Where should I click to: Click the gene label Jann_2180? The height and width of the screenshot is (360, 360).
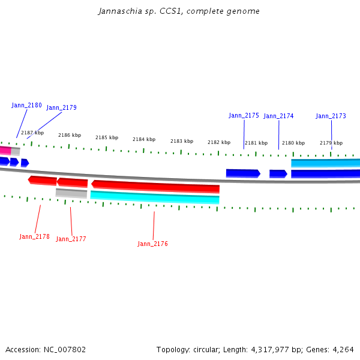[26, 105]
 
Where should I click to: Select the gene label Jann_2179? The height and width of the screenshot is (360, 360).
[61, 108]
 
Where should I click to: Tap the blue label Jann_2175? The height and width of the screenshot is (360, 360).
[244, 115]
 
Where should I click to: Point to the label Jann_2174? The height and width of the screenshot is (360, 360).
[278, 116]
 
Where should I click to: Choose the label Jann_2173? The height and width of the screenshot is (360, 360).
[331, 116]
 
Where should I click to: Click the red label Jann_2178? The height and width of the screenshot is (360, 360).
[34, 236]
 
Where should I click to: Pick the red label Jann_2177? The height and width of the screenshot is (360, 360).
[71, 239]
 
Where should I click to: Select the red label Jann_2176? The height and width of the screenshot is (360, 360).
[152, 244]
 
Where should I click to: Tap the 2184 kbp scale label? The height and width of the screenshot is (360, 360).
[144, 139]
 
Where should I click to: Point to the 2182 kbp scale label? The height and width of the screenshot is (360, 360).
[219, 142]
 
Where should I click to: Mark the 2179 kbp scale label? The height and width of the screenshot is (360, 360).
[331, 143]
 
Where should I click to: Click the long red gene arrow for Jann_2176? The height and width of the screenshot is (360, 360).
[155, 187]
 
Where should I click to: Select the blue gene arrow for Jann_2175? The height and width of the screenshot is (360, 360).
[242, 173]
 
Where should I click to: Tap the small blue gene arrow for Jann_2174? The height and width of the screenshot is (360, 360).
[278, 173]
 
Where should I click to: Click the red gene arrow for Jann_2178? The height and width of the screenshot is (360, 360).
[42, 180]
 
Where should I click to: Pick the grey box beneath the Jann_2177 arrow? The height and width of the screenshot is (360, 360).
[71, 193]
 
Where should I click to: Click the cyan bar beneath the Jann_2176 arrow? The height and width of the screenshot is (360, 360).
[155, 197]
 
